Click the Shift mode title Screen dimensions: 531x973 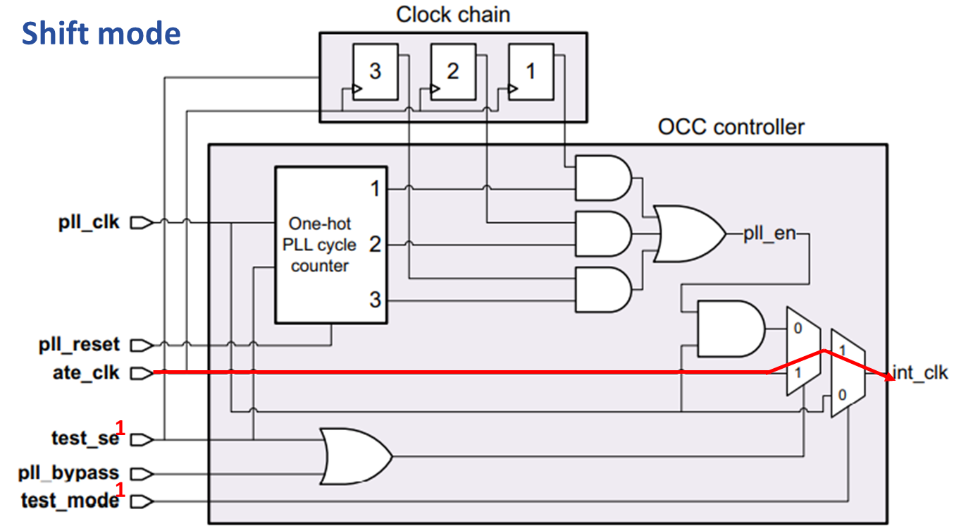pos(101,33)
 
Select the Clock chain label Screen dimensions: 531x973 pos(452,15)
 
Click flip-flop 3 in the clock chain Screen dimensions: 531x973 pos(375,71)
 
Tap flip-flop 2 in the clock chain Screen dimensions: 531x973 pos(452,71)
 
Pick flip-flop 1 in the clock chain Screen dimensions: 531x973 pos(531,71)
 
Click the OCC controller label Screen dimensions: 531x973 pos(731,128)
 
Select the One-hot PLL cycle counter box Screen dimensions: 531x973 pos(330,245)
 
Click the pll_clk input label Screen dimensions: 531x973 pos(89,223)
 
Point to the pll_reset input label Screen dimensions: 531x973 pos(79,346)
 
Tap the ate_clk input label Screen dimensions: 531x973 pos(86,373)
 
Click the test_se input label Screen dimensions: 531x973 pos(85,439)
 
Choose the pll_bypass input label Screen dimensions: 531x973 pos(68,472)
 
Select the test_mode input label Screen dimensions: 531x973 pos(69,501)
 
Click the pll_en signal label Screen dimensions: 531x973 pos(769,234)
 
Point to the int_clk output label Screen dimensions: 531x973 pos(920,373)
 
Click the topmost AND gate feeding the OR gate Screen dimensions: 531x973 pos(603,178)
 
